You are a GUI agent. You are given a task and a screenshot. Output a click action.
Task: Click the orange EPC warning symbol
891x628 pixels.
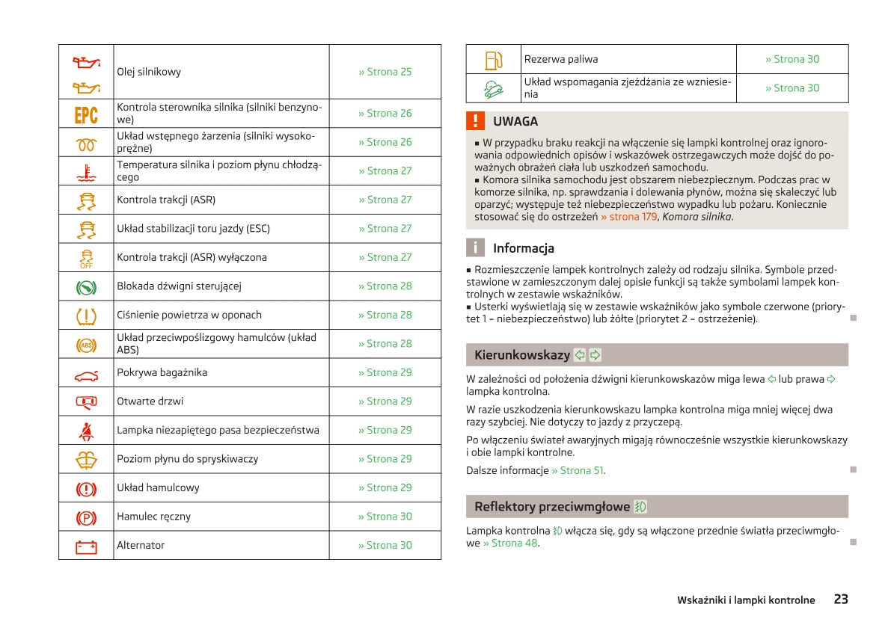(x=86, y=114)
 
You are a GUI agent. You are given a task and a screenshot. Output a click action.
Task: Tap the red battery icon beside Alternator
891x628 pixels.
(x=86, y=547)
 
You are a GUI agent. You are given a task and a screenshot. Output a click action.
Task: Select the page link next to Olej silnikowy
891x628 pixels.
(x=385, y=72)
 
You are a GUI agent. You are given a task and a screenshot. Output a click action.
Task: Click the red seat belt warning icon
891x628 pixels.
(x=86, y=430)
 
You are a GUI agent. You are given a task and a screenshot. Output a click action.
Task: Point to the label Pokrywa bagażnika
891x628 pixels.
(x=162, y=372)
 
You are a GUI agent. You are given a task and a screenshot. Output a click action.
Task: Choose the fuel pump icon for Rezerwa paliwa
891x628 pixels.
(x=493, y=60)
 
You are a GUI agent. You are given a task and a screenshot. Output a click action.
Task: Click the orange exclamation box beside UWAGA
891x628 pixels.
(x=475, y=121)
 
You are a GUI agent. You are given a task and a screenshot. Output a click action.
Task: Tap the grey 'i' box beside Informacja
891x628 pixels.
(x=475, y=248)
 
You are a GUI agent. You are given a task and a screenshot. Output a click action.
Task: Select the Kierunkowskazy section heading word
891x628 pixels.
(x=521, y=355)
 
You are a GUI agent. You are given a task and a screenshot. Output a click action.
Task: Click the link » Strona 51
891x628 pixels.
(x=578, y=470)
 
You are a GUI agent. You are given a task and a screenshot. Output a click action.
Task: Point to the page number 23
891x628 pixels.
(x=841, y=599)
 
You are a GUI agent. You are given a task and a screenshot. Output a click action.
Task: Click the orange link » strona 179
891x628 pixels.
(x=628, y=217)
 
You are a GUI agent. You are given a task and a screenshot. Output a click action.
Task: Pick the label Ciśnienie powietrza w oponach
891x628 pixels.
(x=189, y=315)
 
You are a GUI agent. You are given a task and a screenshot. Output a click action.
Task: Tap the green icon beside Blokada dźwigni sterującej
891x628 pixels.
(x=86, y=286)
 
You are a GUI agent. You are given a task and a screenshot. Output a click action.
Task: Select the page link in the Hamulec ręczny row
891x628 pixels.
(x=385, y=517)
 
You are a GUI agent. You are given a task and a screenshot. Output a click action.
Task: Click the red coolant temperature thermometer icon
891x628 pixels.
(x=86, y=171)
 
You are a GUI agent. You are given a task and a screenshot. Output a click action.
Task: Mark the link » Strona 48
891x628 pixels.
(x=510, y=543)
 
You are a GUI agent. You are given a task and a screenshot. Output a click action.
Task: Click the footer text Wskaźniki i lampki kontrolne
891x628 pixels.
(x=746, y=600)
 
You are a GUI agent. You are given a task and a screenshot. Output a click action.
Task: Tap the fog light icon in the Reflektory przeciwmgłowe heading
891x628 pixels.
(x=640, y=507)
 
